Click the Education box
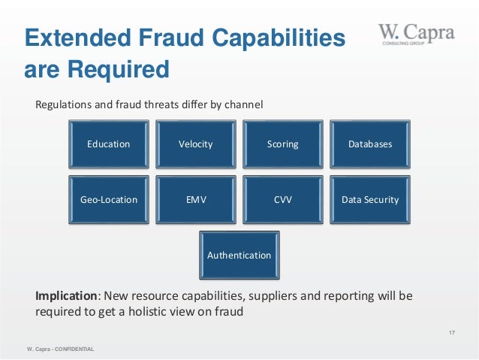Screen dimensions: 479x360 point(109,144)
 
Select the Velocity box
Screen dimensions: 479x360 point(195,144)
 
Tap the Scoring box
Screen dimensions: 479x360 point(282,144)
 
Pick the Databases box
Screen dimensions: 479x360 point(369,144)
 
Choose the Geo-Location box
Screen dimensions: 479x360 point(109,200)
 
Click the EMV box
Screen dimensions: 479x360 point(195,200)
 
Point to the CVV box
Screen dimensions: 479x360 point(282,200)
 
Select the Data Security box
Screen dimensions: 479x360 point(369,200)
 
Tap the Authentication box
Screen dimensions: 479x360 point(239,256)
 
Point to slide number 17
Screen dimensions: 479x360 point(452,332)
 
